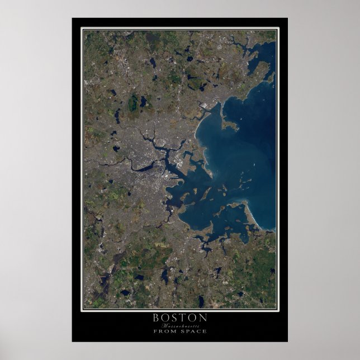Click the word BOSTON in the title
coord(179,318)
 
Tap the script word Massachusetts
coord(179,325)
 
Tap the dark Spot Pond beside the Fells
coord(144,102)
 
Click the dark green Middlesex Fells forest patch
coord(133,103)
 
